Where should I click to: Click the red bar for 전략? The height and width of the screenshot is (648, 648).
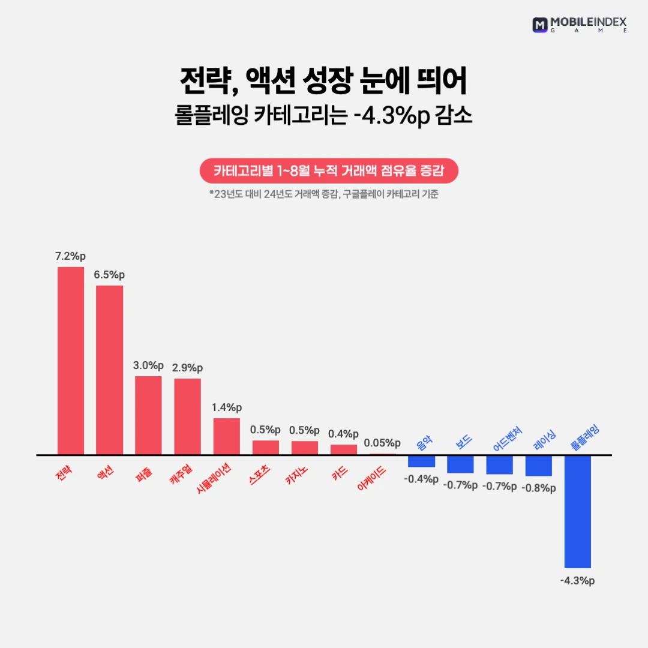(x=71, y=361)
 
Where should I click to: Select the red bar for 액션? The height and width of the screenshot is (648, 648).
(x=110, y=370)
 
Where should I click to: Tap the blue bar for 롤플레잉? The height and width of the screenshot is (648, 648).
(x=578, y=511)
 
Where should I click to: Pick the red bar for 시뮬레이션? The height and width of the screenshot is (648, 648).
(x=227, y=436)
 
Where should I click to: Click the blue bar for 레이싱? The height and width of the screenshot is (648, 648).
(x=539, y=466)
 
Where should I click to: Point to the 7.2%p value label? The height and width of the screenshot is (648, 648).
(x=70, y=256)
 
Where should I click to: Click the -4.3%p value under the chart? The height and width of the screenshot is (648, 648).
(x=577, y=581)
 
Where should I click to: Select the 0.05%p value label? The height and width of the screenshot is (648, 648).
(x=382, y=443)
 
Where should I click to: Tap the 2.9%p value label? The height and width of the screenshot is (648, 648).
(x=187, y=368)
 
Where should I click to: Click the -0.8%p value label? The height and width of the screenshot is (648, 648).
(x=538, y=488)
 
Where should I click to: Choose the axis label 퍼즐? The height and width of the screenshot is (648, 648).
(x=143, y=472)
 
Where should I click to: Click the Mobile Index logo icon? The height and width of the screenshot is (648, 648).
(x=540, y=25)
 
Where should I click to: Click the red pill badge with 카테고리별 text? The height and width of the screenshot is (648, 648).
(x=329, y=170)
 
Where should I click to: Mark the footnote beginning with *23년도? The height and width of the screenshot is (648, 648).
(x=324, y=194)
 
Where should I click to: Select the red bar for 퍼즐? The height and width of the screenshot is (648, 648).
(x=148, y=415)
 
